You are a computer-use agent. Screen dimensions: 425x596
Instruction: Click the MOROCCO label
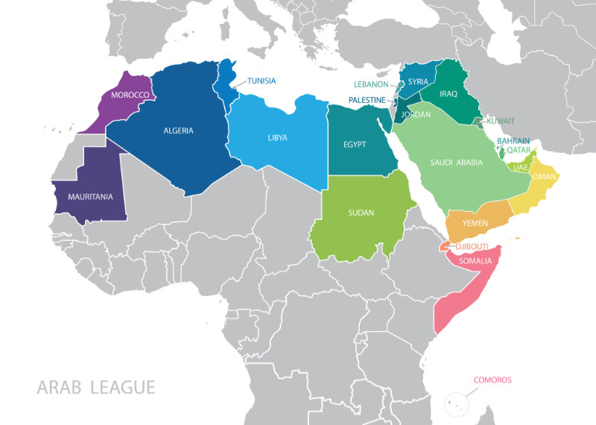click(130, 95)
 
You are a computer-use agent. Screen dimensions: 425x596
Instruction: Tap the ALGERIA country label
click(178, 130)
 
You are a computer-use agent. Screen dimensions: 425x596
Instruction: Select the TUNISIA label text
click(261, 81)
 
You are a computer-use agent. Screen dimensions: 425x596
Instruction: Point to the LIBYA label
click(277, 138)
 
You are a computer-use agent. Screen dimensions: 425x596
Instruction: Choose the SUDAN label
click(361, 213)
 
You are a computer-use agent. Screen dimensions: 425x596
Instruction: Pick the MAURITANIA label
click(90, 197)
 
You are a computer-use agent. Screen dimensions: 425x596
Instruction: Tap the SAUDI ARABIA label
click(456, 163)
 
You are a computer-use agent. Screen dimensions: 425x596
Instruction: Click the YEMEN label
click(475, 223)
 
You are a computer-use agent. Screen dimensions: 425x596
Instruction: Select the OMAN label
click(546, 177)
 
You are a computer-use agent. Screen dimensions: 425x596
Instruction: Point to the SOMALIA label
click(475, 261)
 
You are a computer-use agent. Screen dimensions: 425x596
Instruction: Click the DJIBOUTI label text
click(472, 247)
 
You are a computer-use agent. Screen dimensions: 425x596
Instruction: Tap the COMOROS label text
click(492, 380)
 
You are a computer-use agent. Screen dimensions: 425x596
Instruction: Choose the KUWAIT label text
click(500, 121)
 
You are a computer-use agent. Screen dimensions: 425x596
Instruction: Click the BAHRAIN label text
click(513, 141)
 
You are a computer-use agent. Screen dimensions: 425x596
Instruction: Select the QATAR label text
click(519, 150)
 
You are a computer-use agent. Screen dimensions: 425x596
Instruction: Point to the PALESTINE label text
click(367, 100)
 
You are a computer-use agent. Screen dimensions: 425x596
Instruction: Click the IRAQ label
click(448, 94)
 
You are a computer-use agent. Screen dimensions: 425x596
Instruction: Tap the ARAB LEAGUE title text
click(96, 388)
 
